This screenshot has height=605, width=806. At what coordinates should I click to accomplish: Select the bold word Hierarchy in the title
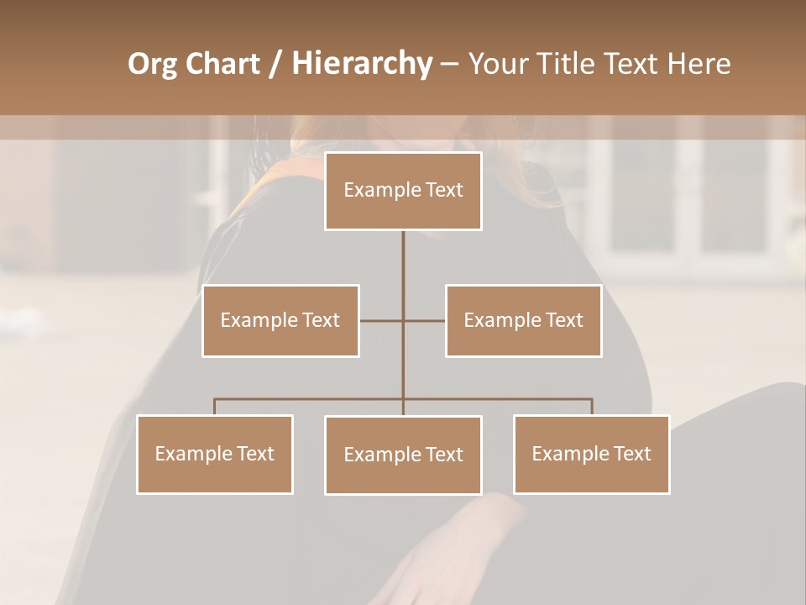pyautogui.click(x=361, y=64)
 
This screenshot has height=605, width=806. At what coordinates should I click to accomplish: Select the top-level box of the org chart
pyautogui.click(x=403, y=191)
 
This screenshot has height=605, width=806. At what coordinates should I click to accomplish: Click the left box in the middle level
pyautogui.click(x=280, y=320)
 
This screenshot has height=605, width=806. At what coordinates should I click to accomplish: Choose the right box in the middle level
pyautogui.click(x=523, y=320)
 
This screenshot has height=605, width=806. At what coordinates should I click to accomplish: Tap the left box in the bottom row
pyautogui.click(x=214, y=454)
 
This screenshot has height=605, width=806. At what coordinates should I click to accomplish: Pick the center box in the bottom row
pyautogui.click(x=403, y=455)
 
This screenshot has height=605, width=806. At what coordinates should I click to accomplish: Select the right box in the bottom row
pyautogui.click(x=591, y=454)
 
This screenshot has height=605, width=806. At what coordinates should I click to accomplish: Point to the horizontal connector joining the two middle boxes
pyautogui.click(x=403, y=320)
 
